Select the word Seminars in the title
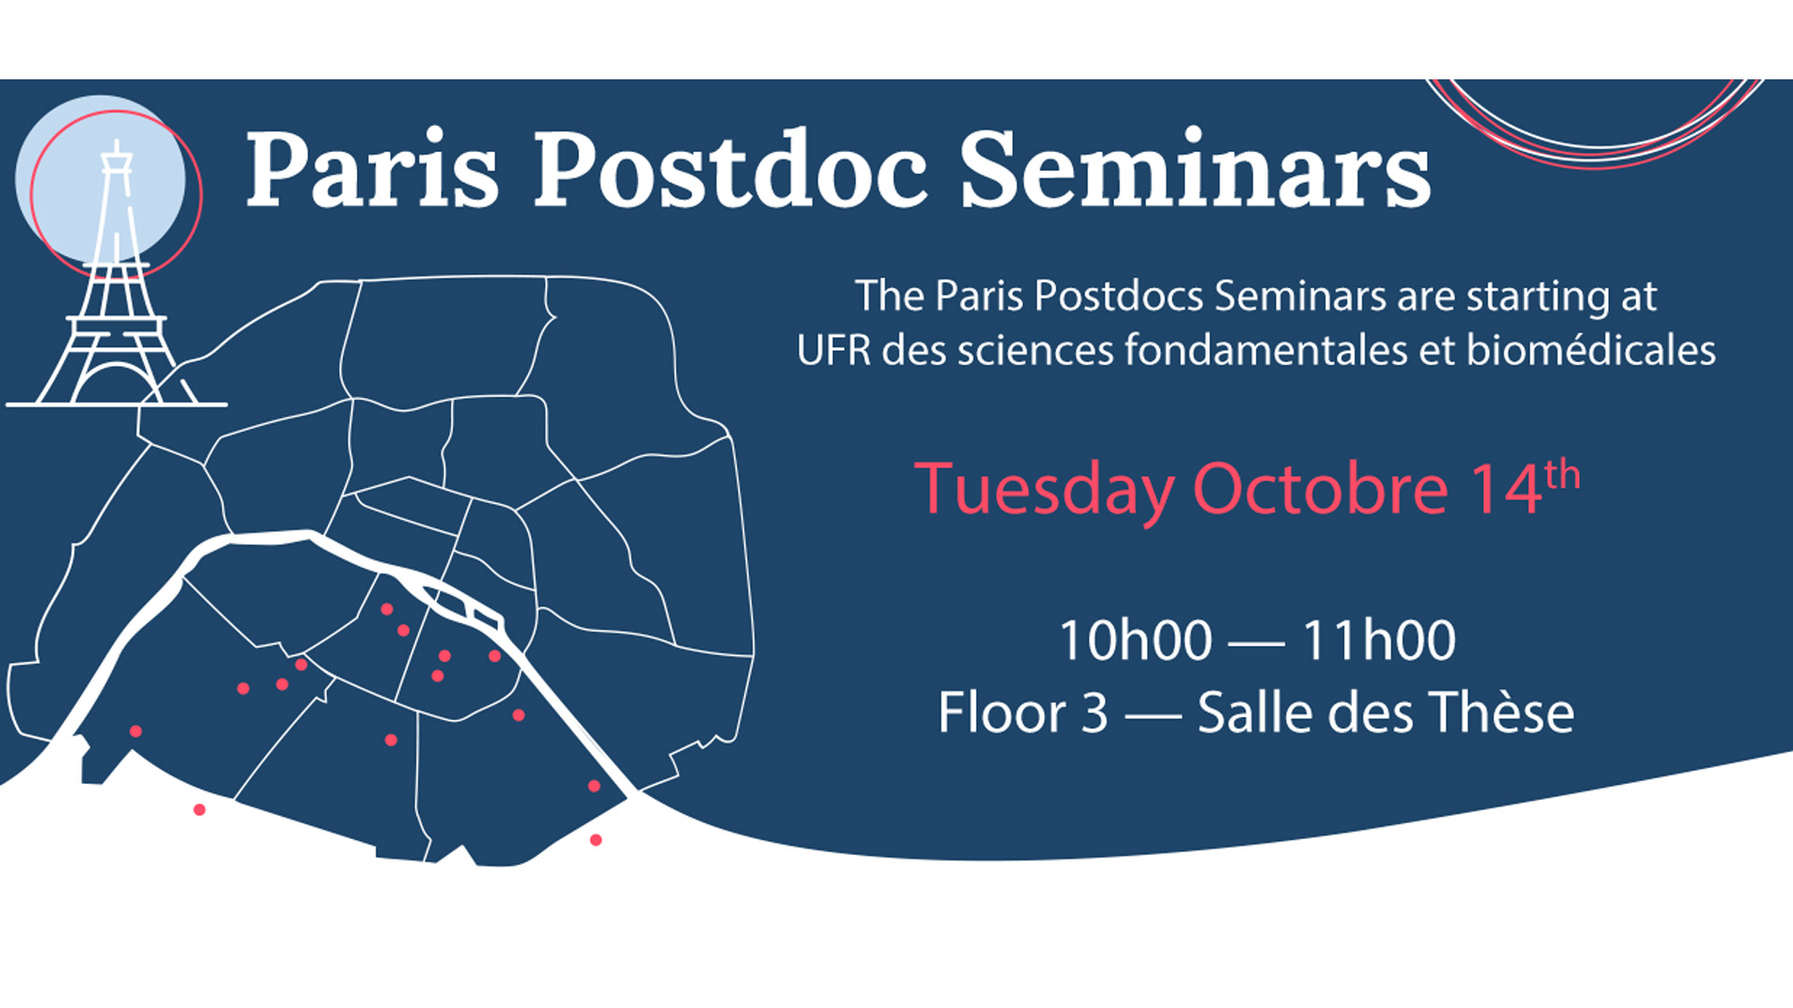point(1195,170)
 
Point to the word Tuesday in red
point(1044,489)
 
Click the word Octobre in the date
point(1320,489)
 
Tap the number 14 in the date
point(1505,489)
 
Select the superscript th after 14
point(1562,475)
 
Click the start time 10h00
point(1136,641)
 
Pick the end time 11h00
point(1379,641)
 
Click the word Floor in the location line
point(1001,713)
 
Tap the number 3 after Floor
point(1094,714)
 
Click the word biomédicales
point(1591,350)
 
